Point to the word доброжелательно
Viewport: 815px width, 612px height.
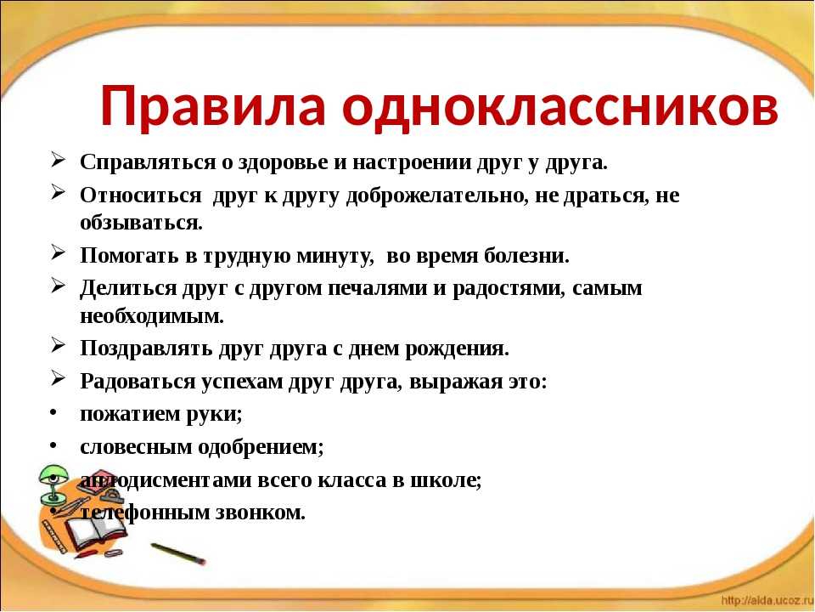coord(433,196)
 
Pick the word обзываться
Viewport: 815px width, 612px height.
coord(141,223)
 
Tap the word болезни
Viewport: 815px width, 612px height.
coord(526,256)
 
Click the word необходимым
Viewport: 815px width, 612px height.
coord(152,315)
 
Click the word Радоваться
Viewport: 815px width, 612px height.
coord(138,381)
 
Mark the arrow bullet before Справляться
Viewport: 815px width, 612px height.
coord(59,160)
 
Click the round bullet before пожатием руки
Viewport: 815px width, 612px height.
coord(53,413)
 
